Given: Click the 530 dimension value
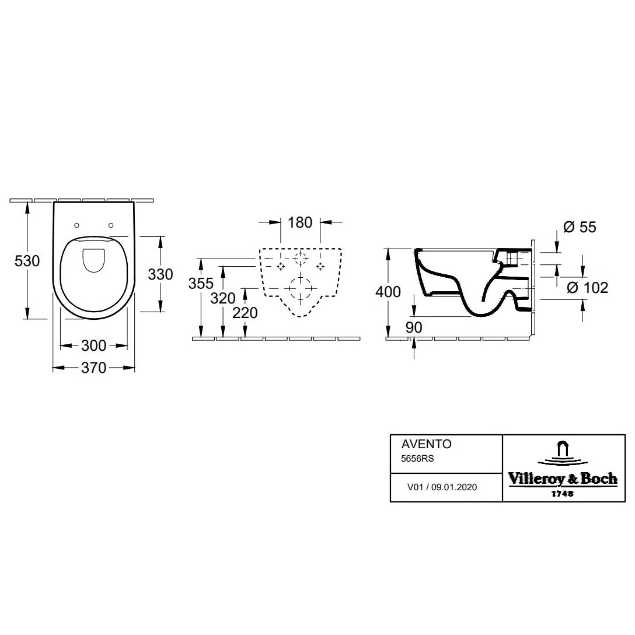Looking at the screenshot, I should [x=27, y=261].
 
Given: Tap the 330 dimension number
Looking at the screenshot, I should [x=161, y=274].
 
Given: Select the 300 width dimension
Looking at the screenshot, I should [x=93, y=346].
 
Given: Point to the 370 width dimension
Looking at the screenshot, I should [x=93, y=368].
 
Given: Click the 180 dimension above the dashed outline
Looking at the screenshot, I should [x=301, y=222].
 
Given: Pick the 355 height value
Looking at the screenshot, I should [x=201, y=283].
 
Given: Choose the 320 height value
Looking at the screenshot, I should [x=223, y=298].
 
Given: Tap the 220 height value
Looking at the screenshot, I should [x=245, y=313].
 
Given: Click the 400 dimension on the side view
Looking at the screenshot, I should [x=388, y=291].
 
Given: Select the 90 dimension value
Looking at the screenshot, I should [x=414, y=327].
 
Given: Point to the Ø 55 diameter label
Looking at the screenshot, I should [x=580, y=227].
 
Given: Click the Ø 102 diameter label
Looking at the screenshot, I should [x=588, y=287].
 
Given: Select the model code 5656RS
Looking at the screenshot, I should [x=417, y=459].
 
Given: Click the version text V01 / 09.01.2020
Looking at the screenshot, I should [x=442, y=487].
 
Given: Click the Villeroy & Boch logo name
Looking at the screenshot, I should [x=562, y=479].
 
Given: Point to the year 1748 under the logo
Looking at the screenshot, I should [x=561, y=493].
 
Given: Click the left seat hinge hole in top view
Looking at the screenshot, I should [x=78, y=225].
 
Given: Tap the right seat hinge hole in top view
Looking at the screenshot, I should [x=110, y=225].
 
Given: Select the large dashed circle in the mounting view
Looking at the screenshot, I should [x=301, y=288].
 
